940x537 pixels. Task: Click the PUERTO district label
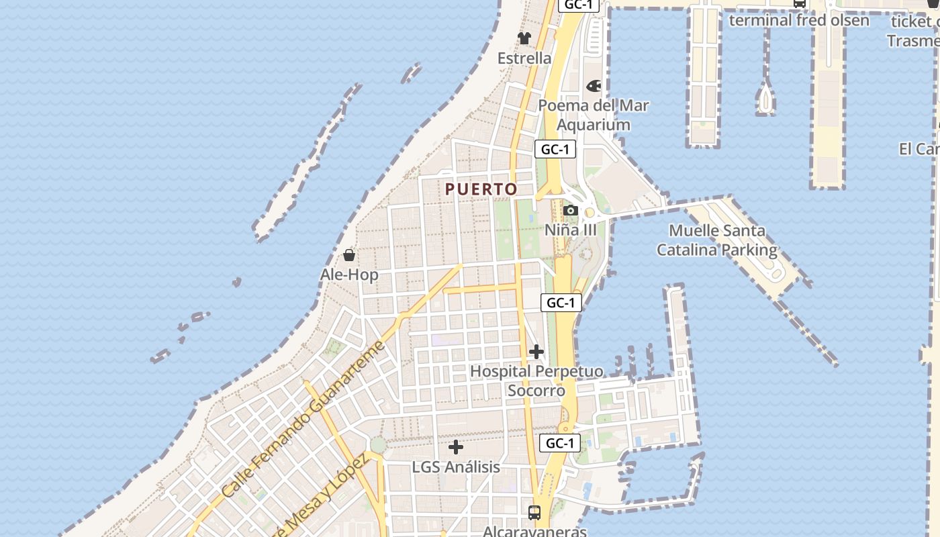point(481,189)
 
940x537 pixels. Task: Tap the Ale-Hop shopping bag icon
point(349,255)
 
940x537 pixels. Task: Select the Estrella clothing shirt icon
point(524,38)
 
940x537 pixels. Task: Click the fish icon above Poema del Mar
point(594,86)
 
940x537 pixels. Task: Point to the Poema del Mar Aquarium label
point(594,115)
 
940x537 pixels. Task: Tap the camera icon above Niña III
point(571,211)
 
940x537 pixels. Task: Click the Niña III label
point(571,230)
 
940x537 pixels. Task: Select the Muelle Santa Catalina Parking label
point(716,240)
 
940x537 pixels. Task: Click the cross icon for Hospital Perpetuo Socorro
point(536,351)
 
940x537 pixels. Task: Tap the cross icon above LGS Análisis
point(456,446)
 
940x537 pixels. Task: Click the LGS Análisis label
point(456,467)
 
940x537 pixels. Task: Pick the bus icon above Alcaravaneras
point(534,513)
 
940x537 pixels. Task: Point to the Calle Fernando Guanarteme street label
point(303,420)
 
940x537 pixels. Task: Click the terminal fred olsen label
point(799,20)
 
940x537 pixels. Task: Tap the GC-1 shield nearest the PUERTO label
point(555,149)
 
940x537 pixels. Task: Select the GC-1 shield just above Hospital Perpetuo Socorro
point(561,303)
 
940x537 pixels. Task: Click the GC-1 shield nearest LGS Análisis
point(559,443)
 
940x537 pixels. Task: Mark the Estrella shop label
point(524,58)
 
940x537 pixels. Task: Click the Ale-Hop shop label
point(349,275)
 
